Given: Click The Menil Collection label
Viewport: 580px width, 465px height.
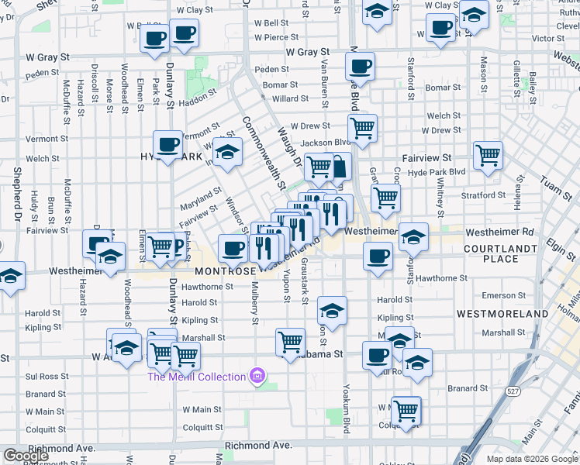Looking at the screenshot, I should point(198,377).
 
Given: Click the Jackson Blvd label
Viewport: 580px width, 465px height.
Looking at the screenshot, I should point(321,143).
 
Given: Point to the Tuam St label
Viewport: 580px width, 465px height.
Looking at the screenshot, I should point(553,185).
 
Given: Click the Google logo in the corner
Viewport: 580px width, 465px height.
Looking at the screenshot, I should point(26,456).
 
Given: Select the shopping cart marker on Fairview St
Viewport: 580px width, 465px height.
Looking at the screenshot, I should point(488,155).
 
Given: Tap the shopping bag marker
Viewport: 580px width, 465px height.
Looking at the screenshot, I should point(339,165).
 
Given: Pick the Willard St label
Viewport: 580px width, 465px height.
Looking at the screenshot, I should point(291,99).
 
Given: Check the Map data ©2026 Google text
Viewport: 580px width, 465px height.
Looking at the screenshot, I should point(532,459).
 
